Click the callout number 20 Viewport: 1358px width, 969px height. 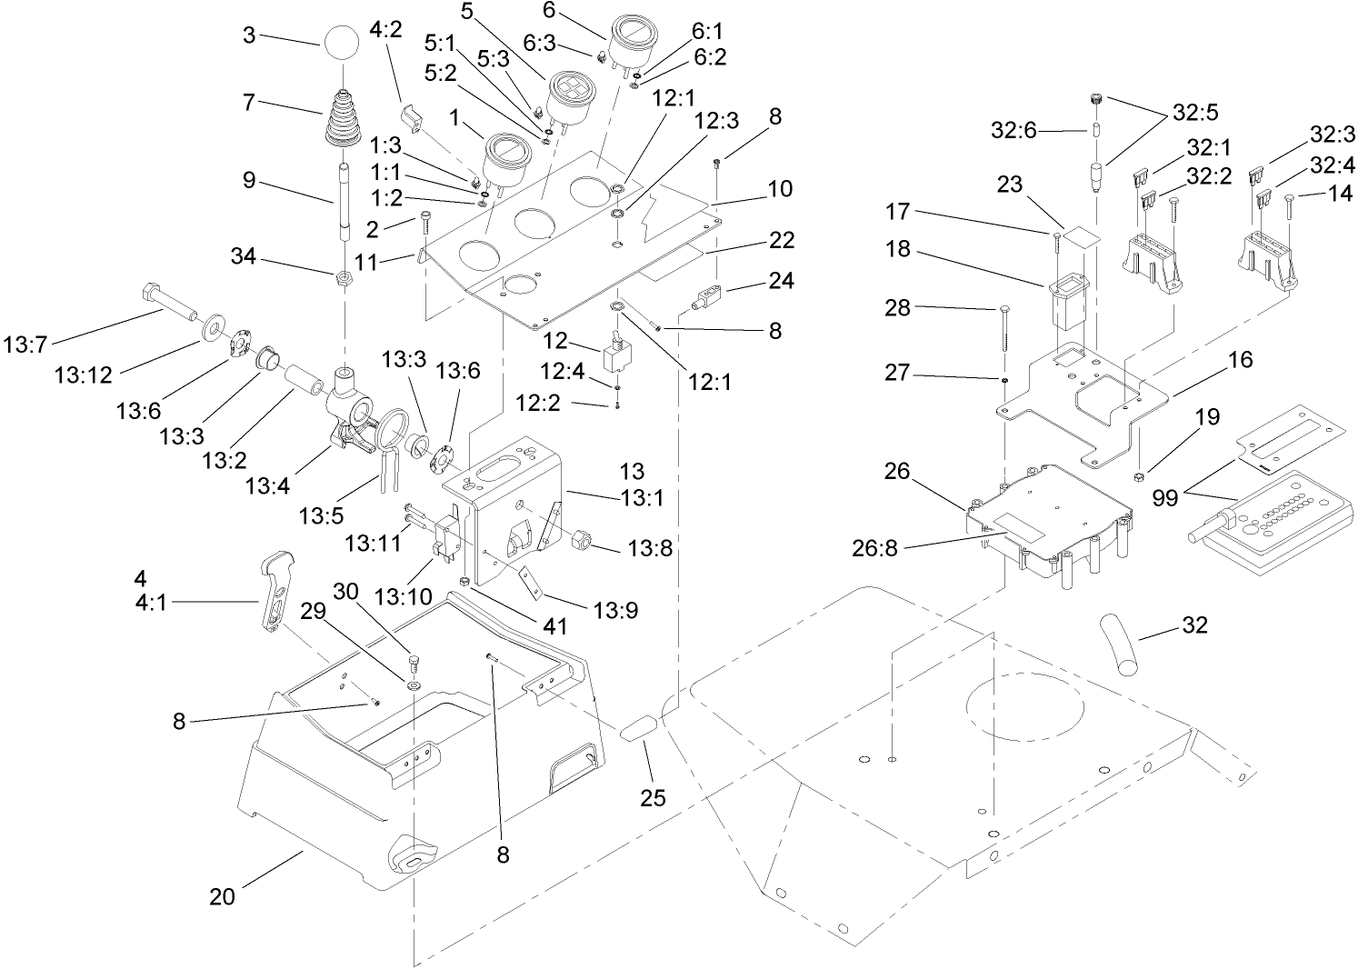pyautogui.click(x=222, y=896)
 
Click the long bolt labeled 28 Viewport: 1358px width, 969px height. pyautogui.click(x=1004, y=329)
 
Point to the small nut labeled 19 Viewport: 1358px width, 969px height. pyautogui.click(x=1138, y=475)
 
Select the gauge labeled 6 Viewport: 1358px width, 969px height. pyautogui.click(x=633, y=37)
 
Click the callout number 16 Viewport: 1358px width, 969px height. pyautogui.click(x=1239, y=359)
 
